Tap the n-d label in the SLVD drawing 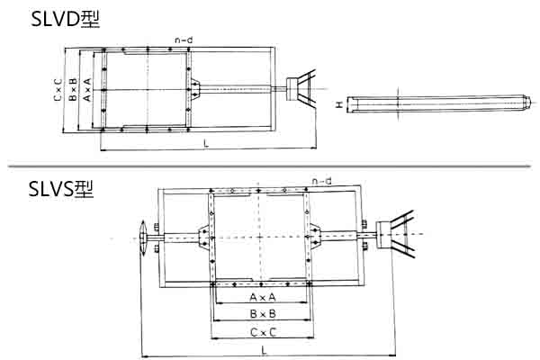184,40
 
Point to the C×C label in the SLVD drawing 58,89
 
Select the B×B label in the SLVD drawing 73,89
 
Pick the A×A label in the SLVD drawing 87,89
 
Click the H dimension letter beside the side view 338,105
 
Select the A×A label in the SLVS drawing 262,297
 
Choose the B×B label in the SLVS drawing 262,314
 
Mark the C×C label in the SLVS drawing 262,332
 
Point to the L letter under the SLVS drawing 262,349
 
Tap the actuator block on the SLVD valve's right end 293,86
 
